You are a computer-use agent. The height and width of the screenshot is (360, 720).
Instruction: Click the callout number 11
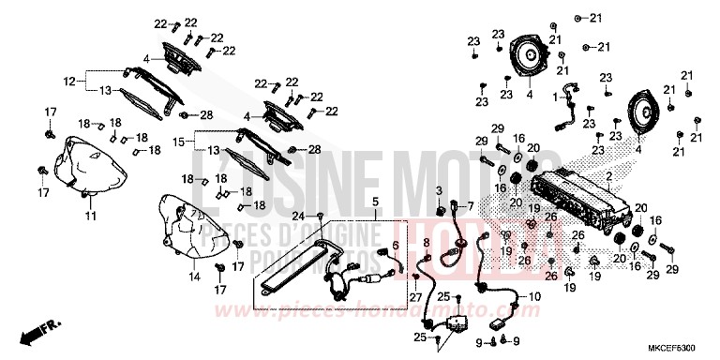point(91,217)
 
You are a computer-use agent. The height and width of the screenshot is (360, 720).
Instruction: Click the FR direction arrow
point(41,331)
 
